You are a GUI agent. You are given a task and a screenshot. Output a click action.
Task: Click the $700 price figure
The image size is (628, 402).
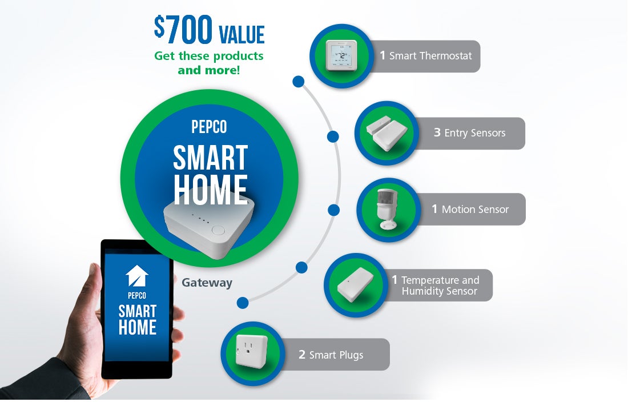click(183, 29)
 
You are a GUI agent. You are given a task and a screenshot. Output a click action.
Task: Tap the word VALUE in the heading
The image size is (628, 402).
click(242, 34)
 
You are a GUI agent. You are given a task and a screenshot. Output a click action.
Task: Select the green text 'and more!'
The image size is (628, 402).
click(208, 70)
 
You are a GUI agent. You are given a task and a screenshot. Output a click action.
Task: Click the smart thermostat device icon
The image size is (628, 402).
click(341, 55)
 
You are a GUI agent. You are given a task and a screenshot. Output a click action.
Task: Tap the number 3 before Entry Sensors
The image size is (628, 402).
click(437, 132)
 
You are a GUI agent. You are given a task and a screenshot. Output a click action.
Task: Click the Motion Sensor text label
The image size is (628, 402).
click(475, 210)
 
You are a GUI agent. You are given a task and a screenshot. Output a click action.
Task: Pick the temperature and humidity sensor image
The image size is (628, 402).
click(355, 285)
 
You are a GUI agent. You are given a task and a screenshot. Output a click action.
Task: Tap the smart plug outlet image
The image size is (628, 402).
click(252, 351)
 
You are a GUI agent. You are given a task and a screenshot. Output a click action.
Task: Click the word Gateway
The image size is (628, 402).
click(207, 283)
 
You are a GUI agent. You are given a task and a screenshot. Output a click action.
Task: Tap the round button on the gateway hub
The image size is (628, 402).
click(218, 230)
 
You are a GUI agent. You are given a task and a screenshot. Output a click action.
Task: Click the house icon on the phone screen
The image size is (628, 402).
click(137, 275)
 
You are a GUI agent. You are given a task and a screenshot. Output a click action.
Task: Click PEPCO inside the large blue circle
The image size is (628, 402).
click(209, 127)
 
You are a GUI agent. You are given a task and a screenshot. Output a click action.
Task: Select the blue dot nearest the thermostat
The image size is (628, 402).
click(299, 82)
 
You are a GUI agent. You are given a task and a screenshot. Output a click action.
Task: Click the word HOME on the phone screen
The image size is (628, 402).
click(138, 327)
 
